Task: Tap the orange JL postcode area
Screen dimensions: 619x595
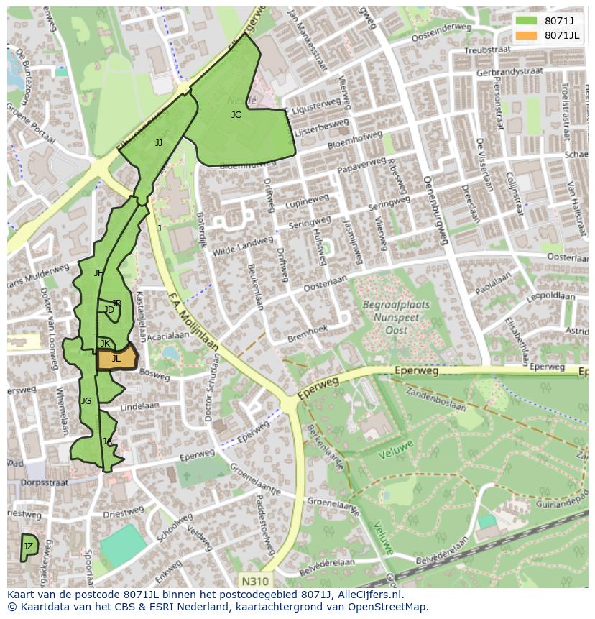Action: [x=116, y=358]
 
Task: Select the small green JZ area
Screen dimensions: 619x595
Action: [x=29, y=547]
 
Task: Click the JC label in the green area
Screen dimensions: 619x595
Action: [x=236, y=115]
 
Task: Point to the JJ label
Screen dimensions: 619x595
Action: [x=159, y=142]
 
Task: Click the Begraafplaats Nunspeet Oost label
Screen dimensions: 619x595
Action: [x=396, y=317]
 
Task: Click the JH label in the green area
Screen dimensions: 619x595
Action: [x=98, y=272]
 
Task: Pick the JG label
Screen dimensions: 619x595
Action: [x=86, y=400]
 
